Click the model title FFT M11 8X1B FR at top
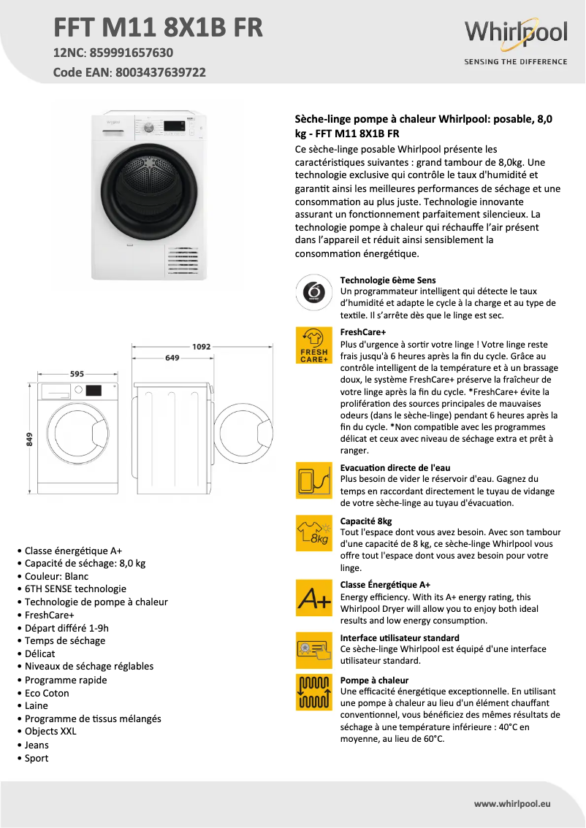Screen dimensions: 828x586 159,28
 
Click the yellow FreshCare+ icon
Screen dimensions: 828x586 313,345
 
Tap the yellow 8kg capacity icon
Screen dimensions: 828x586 313,533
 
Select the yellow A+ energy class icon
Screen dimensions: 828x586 313,599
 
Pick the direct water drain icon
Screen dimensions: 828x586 313,480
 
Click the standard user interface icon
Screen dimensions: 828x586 313,650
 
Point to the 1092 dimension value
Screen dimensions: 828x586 202,347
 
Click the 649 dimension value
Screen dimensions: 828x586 172,358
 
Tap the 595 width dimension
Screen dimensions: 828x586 77,374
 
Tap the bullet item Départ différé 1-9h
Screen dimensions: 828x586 66,628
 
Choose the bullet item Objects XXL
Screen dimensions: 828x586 50,731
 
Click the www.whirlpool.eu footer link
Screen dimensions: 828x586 511,803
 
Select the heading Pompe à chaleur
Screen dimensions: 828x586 374,680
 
